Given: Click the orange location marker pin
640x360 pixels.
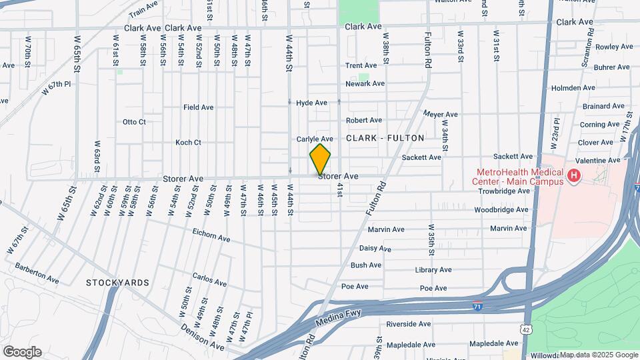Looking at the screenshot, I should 320,159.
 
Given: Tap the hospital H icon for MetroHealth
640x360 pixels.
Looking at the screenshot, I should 574,177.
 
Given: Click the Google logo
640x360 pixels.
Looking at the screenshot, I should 21,352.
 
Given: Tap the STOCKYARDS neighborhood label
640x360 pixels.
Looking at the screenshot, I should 117,283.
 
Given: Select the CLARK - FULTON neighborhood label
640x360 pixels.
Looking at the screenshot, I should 385,138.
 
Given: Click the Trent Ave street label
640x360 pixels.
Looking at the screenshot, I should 361,65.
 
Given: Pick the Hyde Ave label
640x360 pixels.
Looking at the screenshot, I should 311,103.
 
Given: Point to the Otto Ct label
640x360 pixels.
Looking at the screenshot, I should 134,122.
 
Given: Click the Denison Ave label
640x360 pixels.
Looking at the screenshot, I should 203,337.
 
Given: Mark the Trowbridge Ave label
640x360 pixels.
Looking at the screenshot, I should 503,191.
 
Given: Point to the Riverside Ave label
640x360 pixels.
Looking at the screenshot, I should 409,324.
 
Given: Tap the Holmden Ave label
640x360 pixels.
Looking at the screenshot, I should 573,87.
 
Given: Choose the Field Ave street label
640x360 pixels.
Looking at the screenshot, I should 198,107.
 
